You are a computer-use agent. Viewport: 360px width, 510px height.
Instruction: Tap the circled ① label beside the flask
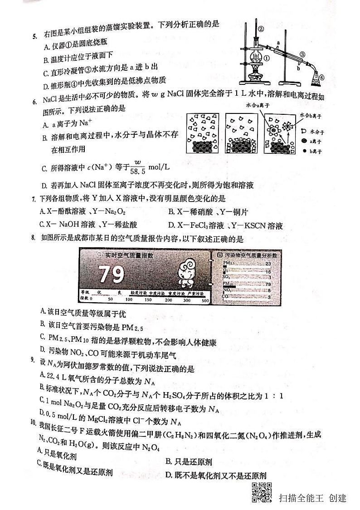[x=267, y=58]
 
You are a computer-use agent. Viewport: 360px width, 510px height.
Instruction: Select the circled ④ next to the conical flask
[x=321, y=77]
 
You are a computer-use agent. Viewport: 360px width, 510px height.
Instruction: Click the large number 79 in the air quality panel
[x=112, y=274]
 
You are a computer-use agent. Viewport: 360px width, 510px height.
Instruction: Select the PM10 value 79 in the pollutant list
[x=268, y=284]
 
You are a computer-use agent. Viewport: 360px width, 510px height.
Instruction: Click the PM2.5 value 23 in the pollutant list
[x=268, y=264]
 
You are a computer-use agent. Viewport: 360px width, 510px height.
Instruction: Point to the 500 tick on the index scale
[x=205, y=300]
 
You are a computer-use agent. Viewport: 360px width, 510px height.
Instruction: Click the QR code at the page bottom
[x=261, y=493]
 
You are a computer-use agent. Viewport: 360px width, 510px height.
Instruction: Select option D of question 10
[x=215, y=475]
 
